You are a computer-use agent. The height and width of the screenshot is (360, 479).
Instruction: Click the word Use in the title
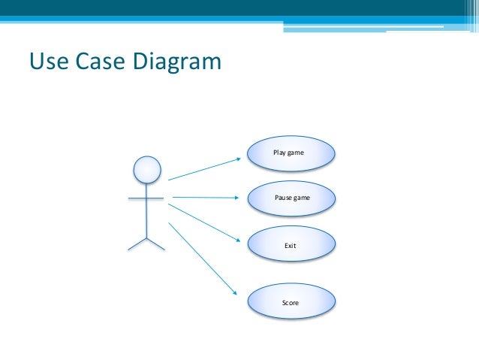point(48,60)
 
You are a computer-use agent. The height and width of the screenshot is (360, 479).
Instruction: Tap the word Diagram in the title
point(178,61)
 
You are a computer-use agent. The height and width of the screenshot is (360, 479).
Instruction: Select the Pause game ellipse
point(291,198)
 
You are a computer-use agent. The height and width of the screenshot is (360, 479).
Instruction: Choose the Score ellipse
point(291,303)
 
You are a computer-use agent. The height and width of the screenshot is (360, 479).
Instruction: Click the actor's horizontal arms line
point(146,198)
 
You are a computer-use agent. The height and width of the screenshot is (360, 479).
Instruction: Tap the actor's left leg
point(137,244)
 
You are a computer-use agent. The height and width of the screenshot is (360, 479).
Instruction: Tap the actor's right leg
point(156,244)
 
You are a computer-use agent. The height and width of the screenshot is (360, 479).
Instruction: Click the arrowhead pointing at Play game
point(238,159)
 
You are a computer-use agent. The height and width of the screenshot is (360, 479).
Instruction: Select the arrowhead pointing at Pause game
point(238,199)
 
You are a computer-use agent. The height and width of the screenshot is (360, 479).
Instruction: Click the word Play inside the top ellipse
point(279,153)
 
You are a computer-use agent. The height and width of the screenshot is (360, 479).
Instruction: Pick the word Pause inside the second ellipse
point(283,198)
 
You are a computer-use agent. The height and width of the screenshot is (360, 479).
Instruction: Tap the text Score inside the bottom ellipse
point(291,303)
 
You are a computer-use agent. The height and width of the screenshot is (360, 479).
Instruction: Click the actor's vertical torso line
point(146,214)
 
